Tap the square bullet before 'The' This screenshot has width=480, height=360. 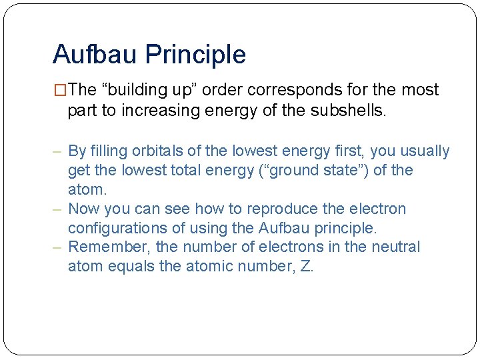click(60, 90)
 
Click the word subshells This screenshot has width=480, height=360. click(347, 110)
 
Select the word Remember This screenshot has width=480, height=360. click(109, 247)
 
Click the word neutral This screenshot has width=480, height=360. click(396, 247)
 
